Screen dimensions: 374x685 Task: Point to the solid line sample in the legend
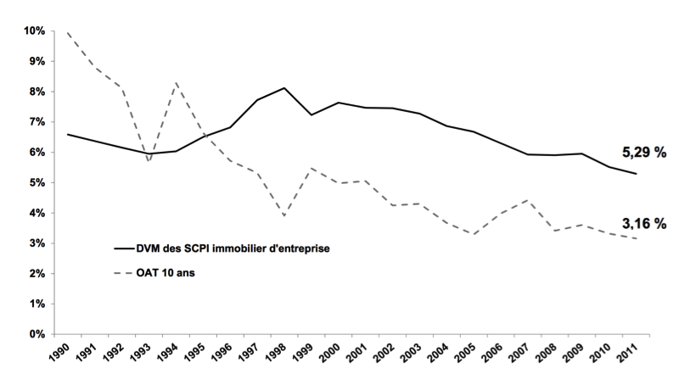(x=126, y=248)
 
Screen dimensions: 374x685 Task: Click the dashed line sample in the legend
(x=126, y=273)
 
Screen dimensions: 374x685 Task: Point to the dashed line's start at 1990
(x=67, y=32)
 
